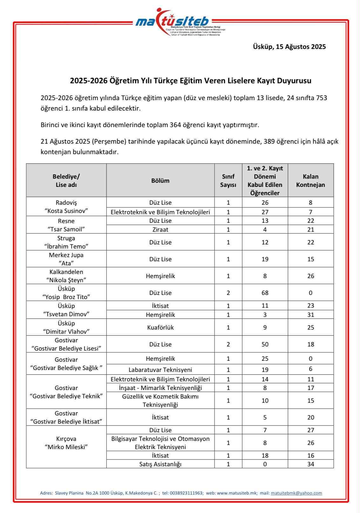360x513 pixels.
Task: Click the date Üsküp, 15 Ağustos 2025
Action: [289, 47]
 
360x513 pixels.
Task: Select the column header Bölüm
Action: [160, 181]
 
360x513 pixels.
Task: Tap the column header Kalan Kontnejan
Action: [310, 181]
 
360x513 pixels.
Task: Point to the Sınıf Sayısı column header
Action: [228, 181]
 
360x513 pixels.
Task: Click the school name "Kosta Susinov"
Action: [66, 211]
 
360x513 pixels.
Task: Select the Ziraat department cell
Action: [160, 229]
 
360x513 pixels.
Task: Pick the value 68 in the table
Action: [265, 293]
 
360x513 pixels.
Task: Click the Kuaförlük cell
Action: [160, 327]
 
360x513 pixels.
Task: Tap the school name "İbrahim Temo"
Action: [66, 246]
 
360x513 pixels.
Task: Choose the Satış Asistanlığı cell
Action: [160, 464]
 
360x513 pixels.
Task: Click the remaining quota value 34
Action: [310, 464]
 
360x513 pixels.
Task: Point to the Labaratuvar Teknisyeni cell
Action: [160, 370]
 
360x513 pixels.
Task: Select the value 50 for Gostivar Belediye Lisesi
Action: [265, 344]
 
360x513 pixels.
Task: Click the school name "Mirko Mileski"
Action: [66, 447]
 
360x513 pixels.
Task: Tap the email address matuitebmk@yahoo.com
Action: [296, 493]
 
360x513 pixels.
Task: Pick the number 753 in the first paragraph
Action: [321, 98]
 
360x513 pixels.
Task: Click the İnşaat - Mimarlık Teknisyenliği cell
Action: [160, 388]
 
